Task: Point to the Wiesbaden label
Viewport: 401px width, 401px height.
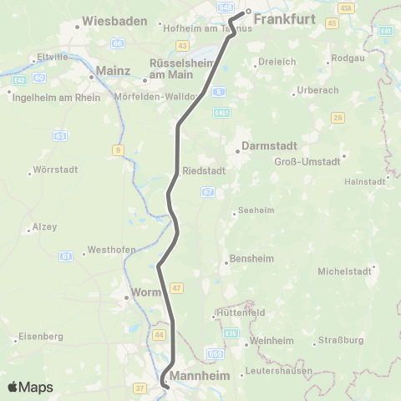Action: point(116,21)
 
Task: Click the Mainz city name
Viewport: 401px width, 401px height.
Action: point(114,72)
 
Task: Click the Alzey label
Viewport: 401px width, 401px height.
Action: point(43,226)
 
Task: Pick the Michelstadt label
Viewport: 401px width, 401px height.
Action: point(343,272)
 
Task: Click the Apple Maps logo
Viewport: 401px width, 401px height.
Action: point(30,387)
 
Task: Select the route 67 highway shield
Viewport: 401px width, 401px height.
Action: point(208,192)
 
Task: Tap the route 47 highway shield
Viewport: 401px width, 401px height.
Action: point(176,287)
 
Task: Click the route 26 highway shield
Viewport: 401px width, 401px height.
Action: point(337,117)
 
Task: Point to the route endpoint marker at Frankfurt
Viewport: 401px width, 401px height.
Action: point(248,12)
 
